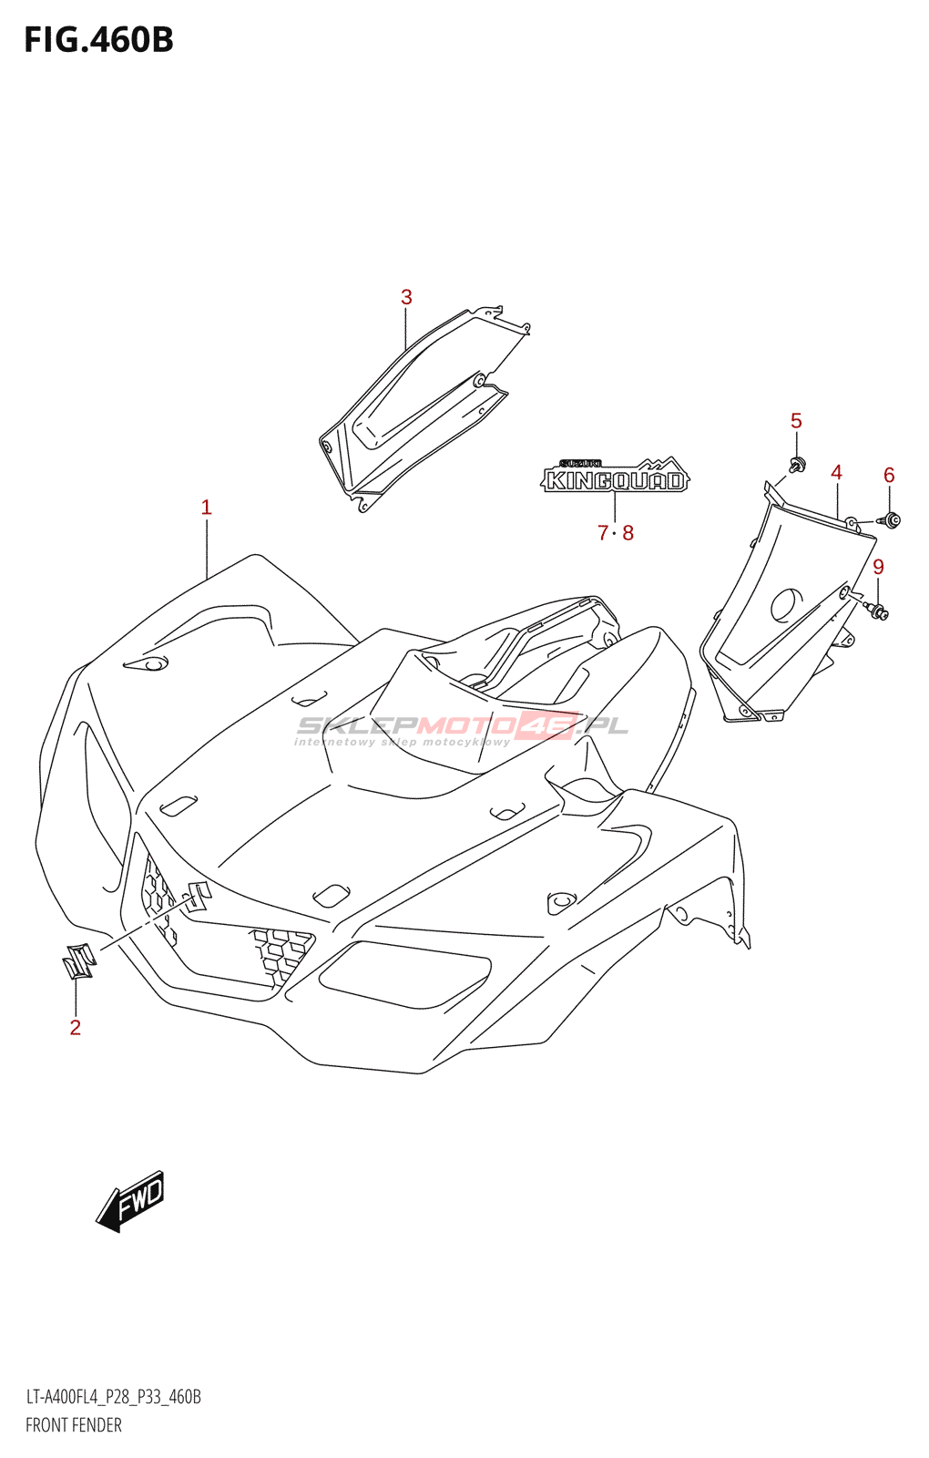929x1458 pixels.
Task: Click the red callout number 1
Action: pyautogui.click(x=207, y=508)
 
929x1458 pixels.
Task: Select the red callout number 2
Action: pyautogui.click(x=76, y=1027)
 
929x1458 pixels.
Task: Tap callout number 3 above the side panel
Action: pyautogui.click(x=406, y=297)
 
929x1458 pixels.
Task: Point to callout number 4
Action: pyautogui.click(x=836, y=472)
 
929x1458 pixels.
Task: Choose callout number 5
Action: pyautogui.click(x=796, y=421)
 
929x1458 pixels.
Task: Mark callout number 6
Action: pyautogui.click(x=889, y=475)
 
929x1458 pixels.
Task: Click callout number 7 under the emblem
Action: pyautogui.click(x=603, y=533)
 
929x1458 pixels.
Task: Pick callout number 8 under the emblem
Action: pyautogui.click(x=628, y=533)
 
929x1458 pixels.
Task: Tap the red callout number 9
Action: pyautogui.click(x=878, y=567)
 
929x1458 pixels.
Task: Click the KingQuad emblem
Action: pyautogui.click(x=616, y=476)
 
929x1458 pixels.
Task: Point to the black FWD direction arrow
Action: pyautogui.click(x=131, y=1201)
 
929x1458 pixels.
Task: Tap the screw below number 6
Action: pyautogui.click(x=890, y=520)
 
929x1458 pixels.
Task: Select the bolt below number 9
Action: pyautogui.click(x=878, y=611)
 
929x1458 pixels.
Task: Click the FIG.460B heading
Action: pyautogui.click(x=98, y=40)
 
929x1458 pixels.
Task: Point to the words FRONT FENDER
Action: pyautogui.click(x=74, y=1425)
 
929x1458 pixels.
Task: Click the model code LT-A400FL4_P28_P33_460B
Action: pyautogui.click(x=113, y=1397)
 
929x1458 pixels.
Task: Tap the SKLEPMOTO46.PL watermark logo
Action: pyautogui.click(x=463, y=727)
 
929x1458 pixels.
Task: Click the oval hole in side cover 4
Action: pyautogui.click(x=787, y=605)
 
